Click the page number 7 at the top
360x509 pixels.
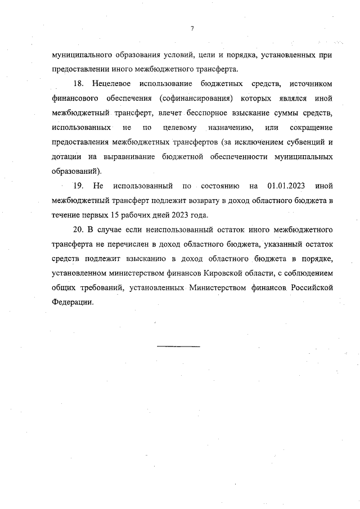tap(192, 29)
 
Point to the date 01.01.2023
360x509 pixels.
tap(286, 186)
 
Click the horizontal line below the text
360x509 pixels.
tap(178, 346)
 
